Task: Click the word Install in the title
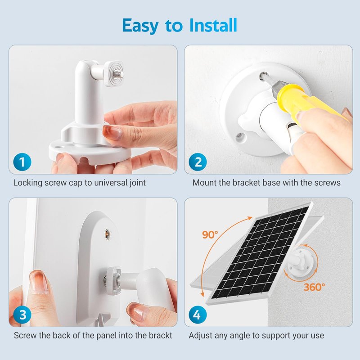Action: click(x=213, y=25)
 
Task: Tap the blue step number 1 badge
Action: click(x=22, y=162)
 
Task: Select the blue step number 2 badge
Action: click(x=198, y=162)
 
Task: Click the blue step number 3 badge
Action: click(x=22, y=315)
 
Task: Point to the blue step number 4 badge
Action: click(x=198, y=315)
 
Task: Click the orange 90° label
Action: click(x=210, y=234)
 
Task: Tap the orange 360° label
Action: click(x=314, y=287)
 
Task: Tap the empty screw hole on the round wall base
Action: click(x=239, y=137)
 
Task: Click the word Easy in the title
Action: click(x=140, y=26)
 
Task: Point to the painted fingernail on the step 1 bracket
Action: click(x=112, y=132)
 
